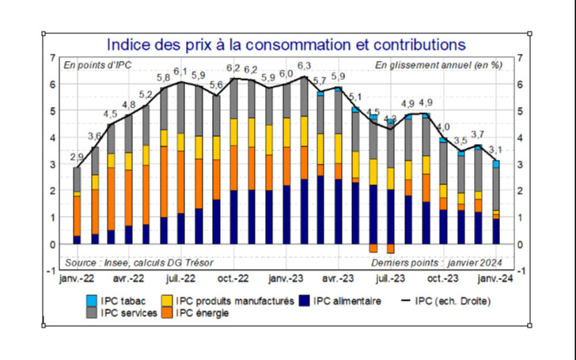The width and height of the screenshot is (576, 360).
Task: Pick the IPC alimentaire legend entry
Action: [347, 301]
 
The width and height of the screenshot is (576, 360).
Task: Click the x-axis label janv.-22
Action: [78, 279]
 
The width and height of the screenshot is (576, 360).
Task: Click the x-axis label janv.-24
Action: [495, 279]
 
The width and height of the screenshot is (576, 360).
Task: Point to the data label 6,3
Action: [304, 66]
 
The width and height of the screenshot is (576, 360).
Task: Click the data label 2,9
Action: [77, 157]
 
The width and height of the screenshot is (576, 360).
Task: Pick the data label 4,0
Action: [443, 127]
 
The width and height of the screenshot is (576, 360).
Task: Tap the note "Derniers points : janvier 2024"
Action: [437, 263]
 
